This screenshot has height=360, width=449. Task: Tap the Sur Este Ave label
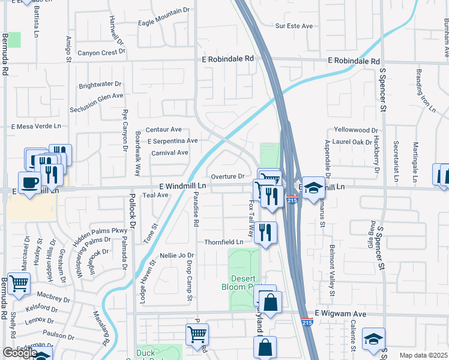294,26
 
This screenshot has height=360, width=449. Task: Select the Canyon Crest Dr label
101,52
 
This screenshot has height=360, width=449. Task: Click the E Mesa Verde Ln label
37,127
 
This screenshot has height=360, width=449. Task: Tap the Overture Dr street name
228,176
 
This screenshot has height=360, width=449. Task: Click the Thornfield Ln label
223,242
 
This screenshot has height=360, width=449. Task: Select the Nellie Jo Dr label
177,255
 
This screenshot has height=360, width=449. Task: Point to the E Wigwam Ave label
340,314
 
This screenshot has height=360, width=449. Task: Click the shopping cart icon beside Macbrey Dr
19,283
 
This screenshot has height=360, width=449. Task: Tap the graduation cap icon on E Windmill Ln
313,188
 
